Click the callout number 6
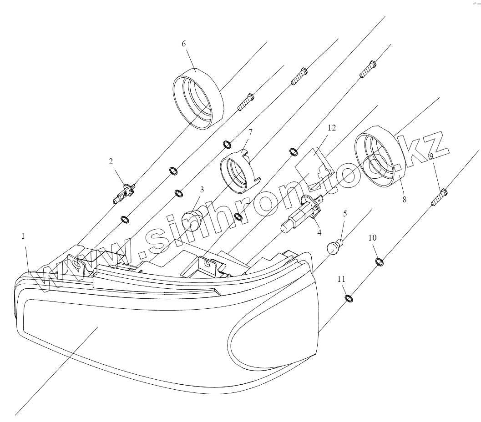(x=183, y=44)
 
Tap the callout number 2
(x=111, y=161)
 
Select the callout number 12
(x=331, y=128)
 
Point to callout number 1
(x=23, y=236)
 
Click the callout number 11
(x=342, y=279)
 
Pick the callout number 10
(x=373, y=238)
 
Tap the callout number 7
(x=250, y=132)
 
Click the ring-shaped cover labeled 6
(x=199, y=98)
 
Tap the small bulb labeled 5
(x=335, y=247)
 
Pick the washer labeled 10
(x=379, y=261)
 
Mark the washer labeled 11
(x=348, y=298)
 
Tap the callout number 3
(x=202, y=189)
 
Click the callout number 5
(x=345, y=213)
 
